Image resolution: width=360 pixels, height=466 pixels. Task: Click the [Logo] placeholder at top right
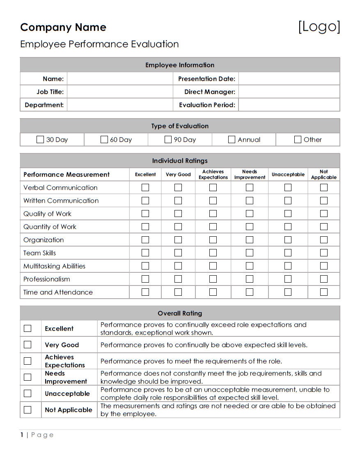(x=319, y=27)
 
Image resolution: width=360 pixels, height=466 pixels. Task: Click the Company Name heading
(x=63, y=27)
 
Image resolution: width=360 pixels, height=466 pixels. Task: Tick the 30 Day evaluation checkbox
(x=40, y=139)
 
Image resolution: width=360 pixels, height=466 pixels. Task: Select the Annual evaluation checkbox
(x=232, y=139)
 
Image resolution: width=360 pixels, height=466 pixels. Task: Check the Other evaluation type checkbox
(x=298, y=139)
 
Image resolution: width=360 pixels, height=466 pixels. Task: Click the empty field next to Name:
(x=120, y=79)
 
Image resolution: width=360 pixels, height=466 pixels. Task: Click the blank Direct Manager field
(x=289, y=92)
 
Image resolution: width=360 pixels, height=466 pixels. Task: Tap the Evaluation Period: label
(x=207, y=105)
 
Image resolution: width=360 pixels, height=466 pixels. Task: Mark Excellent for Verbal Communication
(x=145, y=187)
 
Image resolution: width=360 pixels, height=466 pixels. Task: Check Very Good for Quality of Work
(x=178, y=214)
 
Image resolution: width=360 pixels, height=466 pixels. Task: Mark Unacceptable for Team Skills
(x=288, y=253)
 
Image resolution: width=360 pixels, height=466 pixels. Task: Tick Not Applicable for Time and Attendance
(x=324, y=292)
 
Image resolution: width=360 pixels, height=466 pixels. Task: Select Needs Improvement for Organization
(x=250, y=240)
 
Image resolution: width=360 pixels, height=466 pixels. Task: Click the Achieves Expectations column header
(x=213, y=174)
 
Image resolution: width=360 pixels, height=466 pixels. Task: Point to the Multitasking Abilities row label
(x=54, y=266)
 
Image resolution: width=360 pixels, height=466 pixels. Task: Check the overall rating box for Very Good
(x=28, y=345)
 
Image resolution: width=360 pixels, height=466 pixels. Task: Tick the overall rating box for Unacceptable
(x=28, y=393)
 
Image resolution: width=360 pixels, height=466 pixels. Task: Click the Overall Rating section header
(x=180, y=313)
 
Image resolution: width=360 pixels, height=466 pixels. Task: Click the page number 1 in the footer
(x=22, y=435)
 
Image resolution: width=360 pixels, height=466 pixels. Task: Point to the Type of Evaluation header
(x=180, y=126)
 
